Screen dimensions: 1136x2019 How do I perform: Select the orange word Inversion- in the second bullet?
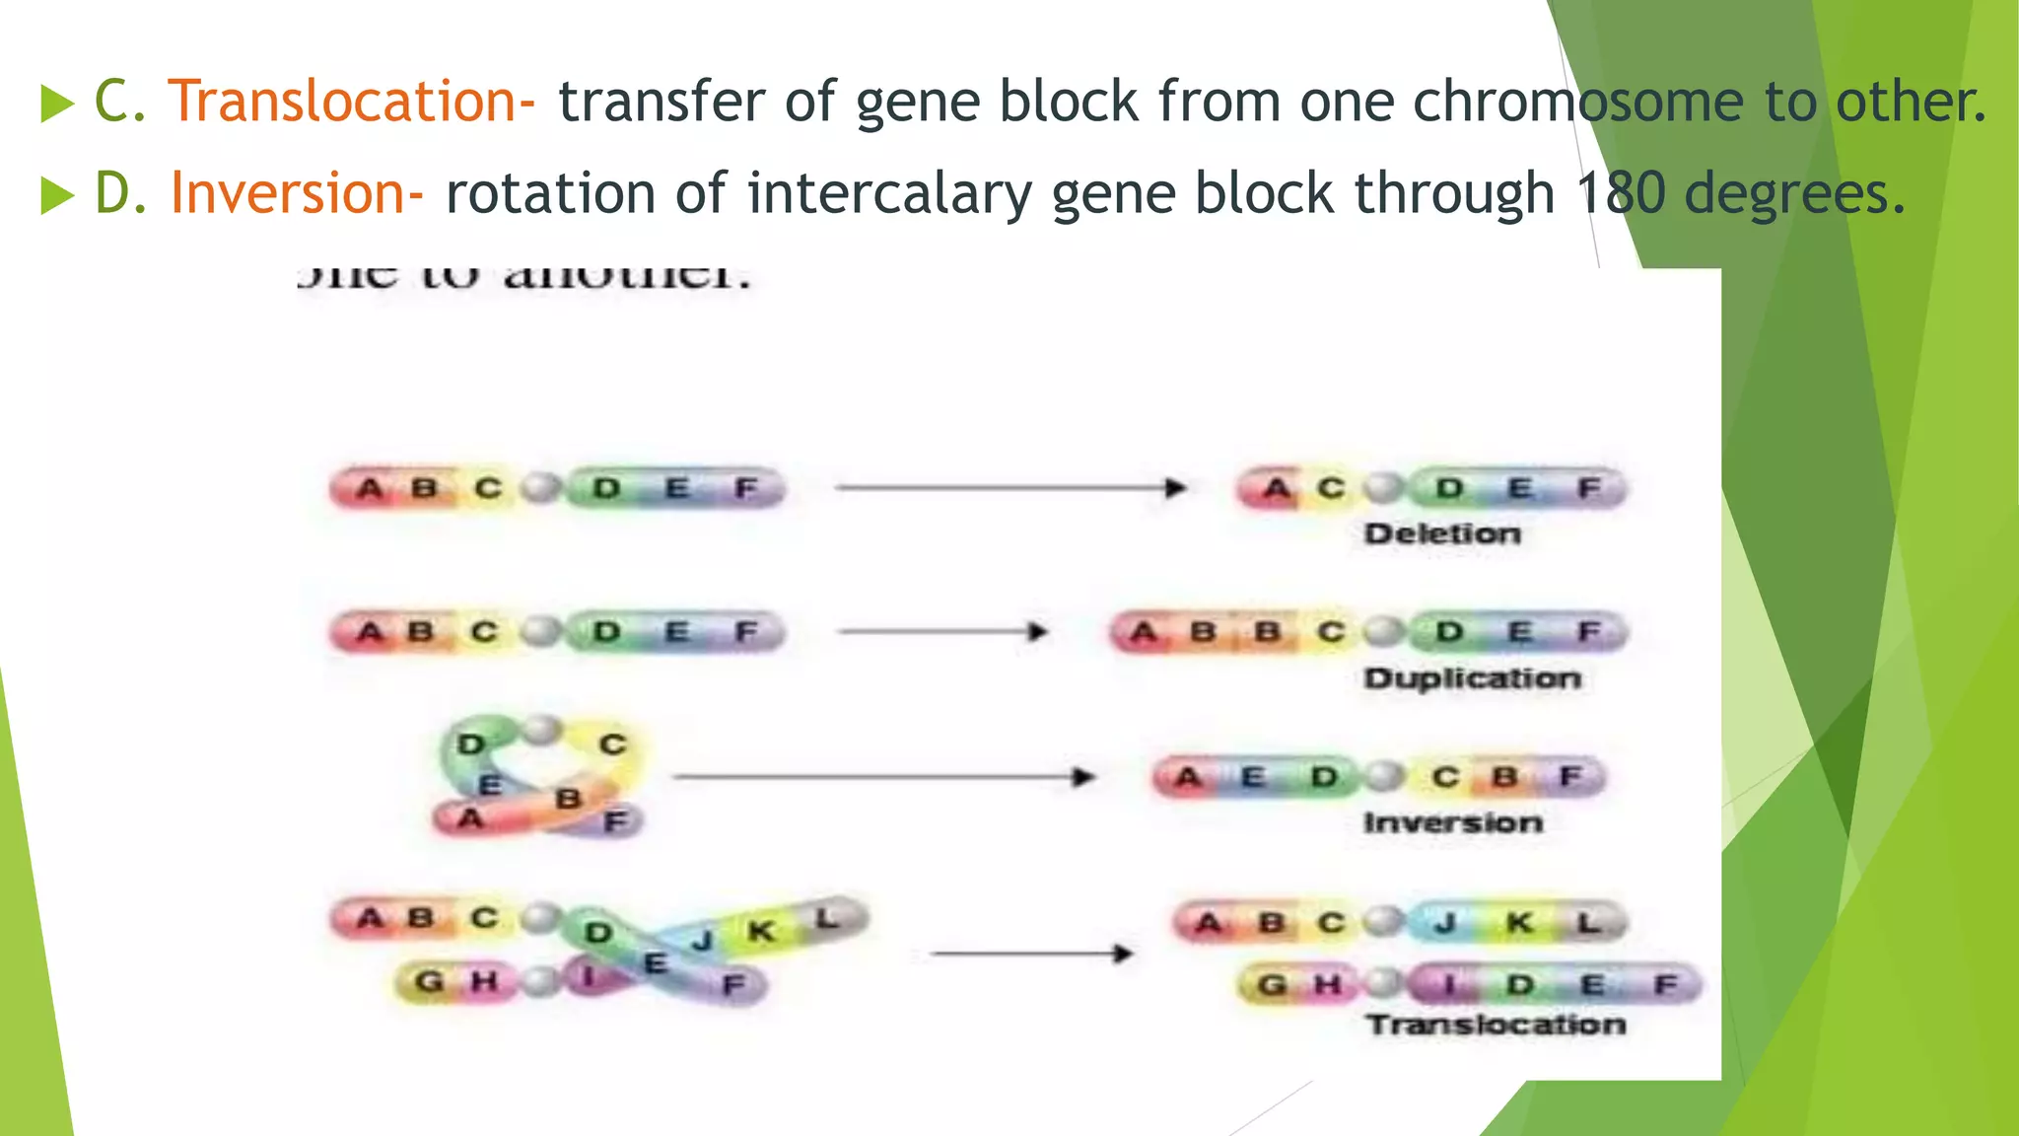click(297, 193)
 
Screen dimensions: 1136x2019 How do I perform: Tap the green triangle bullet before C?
click(57, 104)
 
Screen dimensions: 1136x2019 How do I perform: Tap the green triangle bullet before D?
click(57, 195)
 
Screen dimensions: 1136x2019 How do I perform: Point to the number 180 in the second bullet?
click(1619, 193)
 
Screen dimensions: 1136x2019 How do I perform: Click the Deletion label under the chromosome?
click(1442, 534)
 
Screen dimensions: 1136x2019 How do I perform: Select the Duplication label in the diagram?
click(1473, 678)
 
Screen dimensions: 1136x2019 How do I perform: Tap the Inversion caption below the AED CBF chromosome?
click(1453, 822)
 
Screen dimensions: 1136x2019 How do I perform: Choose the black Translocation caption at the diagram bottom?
click(1496, 1025)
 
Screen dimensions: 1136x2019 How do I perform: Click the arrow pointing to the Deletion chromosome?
click(1009, 487)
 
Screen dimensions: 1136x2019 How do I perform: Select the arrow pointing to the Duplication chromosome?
click(942, 631)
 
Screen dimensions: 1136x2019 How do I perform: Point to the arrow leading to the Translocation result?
click(1031, 954)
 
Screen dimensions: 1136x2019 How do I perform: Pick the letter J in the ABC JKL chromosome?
click(1445, 923)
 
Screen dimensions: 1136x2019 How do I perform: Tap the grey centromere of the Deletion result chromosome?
click(1385, 488)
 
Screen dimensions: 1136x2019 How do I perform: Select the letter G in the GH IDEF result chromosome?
click(1273, 984)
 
